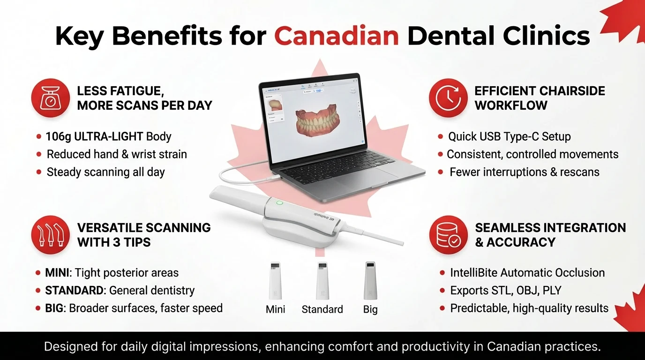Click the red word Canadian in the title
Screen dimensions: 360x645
[336, 36]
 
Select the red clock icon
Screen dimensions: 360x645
[448, 97]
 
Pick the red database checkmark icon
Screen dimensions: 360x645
[448, 235]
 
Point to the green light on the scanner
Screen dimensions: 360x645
[280, 203]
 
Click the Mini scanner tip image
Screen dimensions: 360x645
[275, 280]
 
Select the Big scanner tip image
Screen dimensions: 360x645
[370, 280]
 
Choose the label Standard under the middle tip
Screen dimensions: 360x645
[322, 309]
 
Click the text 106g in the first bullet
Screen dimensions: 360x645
[58, 136]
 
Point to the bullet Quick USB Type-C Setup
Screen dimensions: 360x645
[509, 136]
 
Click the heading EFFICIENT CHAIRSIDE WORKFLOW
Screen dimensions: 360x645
[540, 98]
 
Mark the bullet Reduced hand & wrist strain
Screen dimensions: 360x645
[116, 154]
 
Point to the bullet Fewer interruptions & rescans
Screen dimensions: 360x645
[524, 172]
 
